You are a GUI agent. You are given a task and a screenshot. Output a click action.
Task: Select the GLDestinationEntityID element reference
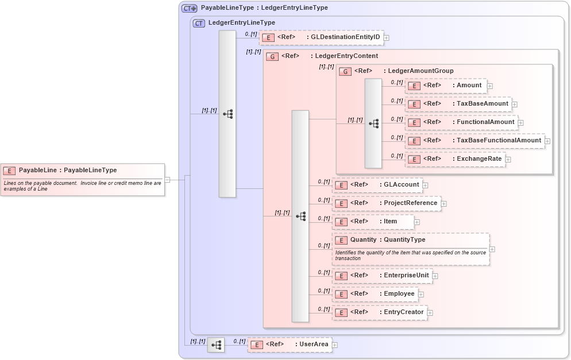321,37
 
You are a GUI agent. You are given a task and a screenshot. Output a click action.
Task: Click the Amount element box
446,86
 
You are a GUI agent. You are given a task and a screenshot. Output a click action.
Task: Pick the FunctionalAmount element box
461,122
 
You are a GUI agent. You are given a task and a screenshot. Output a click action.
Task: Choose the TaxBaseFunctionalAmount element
474,141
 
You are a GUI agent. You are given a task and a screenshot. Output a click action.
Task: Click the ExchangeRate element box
454,159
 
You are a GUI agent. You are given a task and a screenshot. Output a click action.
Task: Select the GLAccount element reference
377,185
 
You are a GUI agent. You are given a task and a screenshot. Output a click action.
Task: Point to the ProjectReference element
386,203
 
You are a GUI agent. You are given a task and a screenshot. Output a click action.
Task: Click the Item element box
372,222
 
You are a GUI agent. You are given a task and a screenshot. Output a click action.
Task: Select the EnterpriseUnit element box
382,276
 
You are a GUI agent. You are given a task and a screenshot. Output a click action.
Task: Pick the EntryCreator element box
380,312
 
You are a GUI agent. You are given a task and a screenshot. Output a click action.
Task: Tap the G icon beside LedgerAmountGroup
346,71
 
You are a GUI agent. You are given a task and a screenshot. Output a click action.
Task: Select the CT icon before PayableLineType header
189,9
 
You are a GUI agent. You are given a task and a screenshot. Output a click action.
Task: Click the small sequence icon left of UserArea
216,345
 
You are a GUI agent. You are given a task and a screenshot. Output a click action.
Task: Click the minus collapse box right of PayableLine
167,179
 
